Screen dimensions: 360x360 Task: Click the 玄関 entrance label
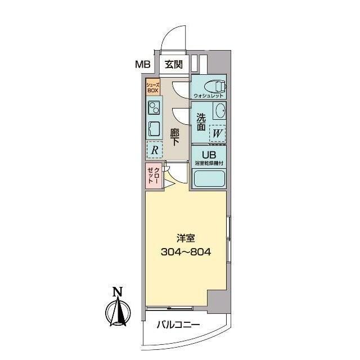pyautogui.click(x=173, y=65)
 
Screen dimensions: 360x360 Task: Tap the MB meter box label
pyautogui.click(x=143, y=65)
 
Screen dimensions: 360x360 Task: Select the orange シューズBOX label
pyautogui.click(x=153, y=87)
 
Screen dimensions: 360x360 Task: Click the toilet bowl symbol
pyautogui.click(x=214, y=86)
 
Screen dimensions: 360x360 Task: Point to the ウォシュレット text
pyautogui.click(x=208, y=96)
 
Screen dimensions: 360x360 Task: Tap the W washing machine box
pyautogui.click(x=217, y=134)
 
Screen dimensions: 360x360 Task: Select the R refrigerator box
pyautogui.click(x=154, y=150)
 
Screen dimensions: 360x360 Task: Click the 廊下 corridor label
pyautogui.click(x=174, y=138)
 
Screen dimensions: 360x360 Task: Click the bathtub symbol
pyautogui.click(x=209, y=179)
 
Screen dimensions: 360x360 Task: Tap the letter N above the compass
pyautogui.click(x=117, y=292)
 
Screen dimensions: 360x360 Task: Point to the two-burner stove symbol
pyautogui.click(x=154, y=106)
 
